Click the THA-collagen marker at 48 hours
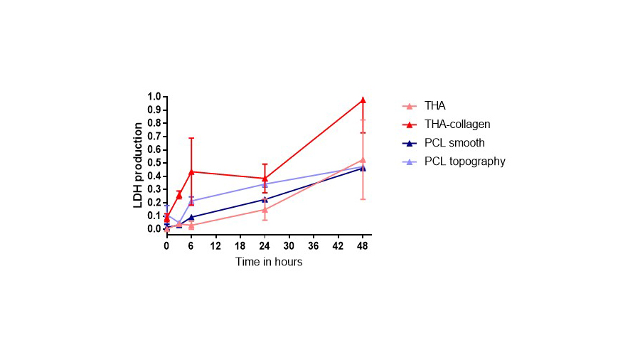[363, 100]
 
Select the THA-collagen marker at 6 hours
[191, 171]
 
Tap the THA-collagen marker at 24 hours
[265, 178]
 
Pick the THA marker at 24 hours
[265, 209]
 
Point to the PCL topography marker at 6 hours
[191, 201]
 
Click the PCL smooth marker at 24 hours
[265, 199]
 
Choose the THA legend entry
[434, 106]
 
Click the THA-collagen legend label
[457, 125]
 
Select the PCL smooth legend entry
[454, 143]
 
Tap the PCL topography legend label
[464, 162]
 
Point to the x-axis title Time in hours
[269, 262]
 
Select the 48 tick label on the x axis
[363, 245]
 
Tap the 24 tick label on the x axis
[265, 245]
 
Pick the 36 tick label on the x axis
[314, 245]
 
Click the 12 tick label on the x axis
[215, 245]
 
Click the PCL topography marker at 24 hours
[265, 184]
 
